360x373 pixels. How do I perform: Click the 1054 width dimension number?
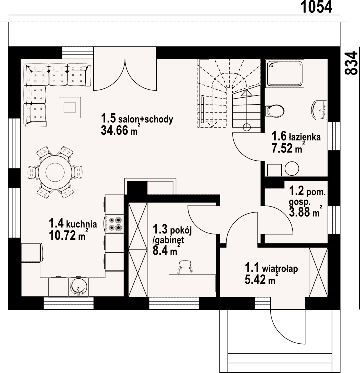316,7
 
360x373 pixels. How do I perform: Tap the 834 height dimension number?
351,63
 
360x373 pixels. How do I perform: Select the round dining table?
55,172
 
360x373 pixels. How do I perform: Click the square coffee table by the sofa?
70,107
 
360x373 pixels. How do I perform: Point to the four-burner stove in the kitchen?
115,224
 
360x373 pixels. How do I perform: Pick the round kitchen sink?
78,287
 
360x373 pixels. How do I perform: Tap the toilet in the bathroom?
275,111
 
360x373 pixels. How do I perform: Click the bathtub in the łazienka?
285,74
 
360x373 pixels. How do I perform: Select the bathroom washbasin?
319,110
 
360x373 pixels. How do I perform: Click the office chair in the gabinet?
185,267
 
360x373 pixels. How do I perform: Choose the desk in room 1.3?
192,283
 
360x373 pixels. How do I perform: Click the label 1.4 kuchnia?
73,223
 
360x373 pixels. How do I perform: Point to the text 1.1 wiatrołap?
271,268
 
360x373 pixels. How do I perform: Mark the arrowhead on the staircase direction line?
246,93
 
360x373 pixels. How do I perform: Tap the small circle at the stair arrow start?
247,127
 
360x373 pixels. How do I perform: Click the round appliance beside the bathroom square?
292,169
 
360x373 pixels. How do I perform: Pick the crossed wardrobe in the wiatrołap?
318,272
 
